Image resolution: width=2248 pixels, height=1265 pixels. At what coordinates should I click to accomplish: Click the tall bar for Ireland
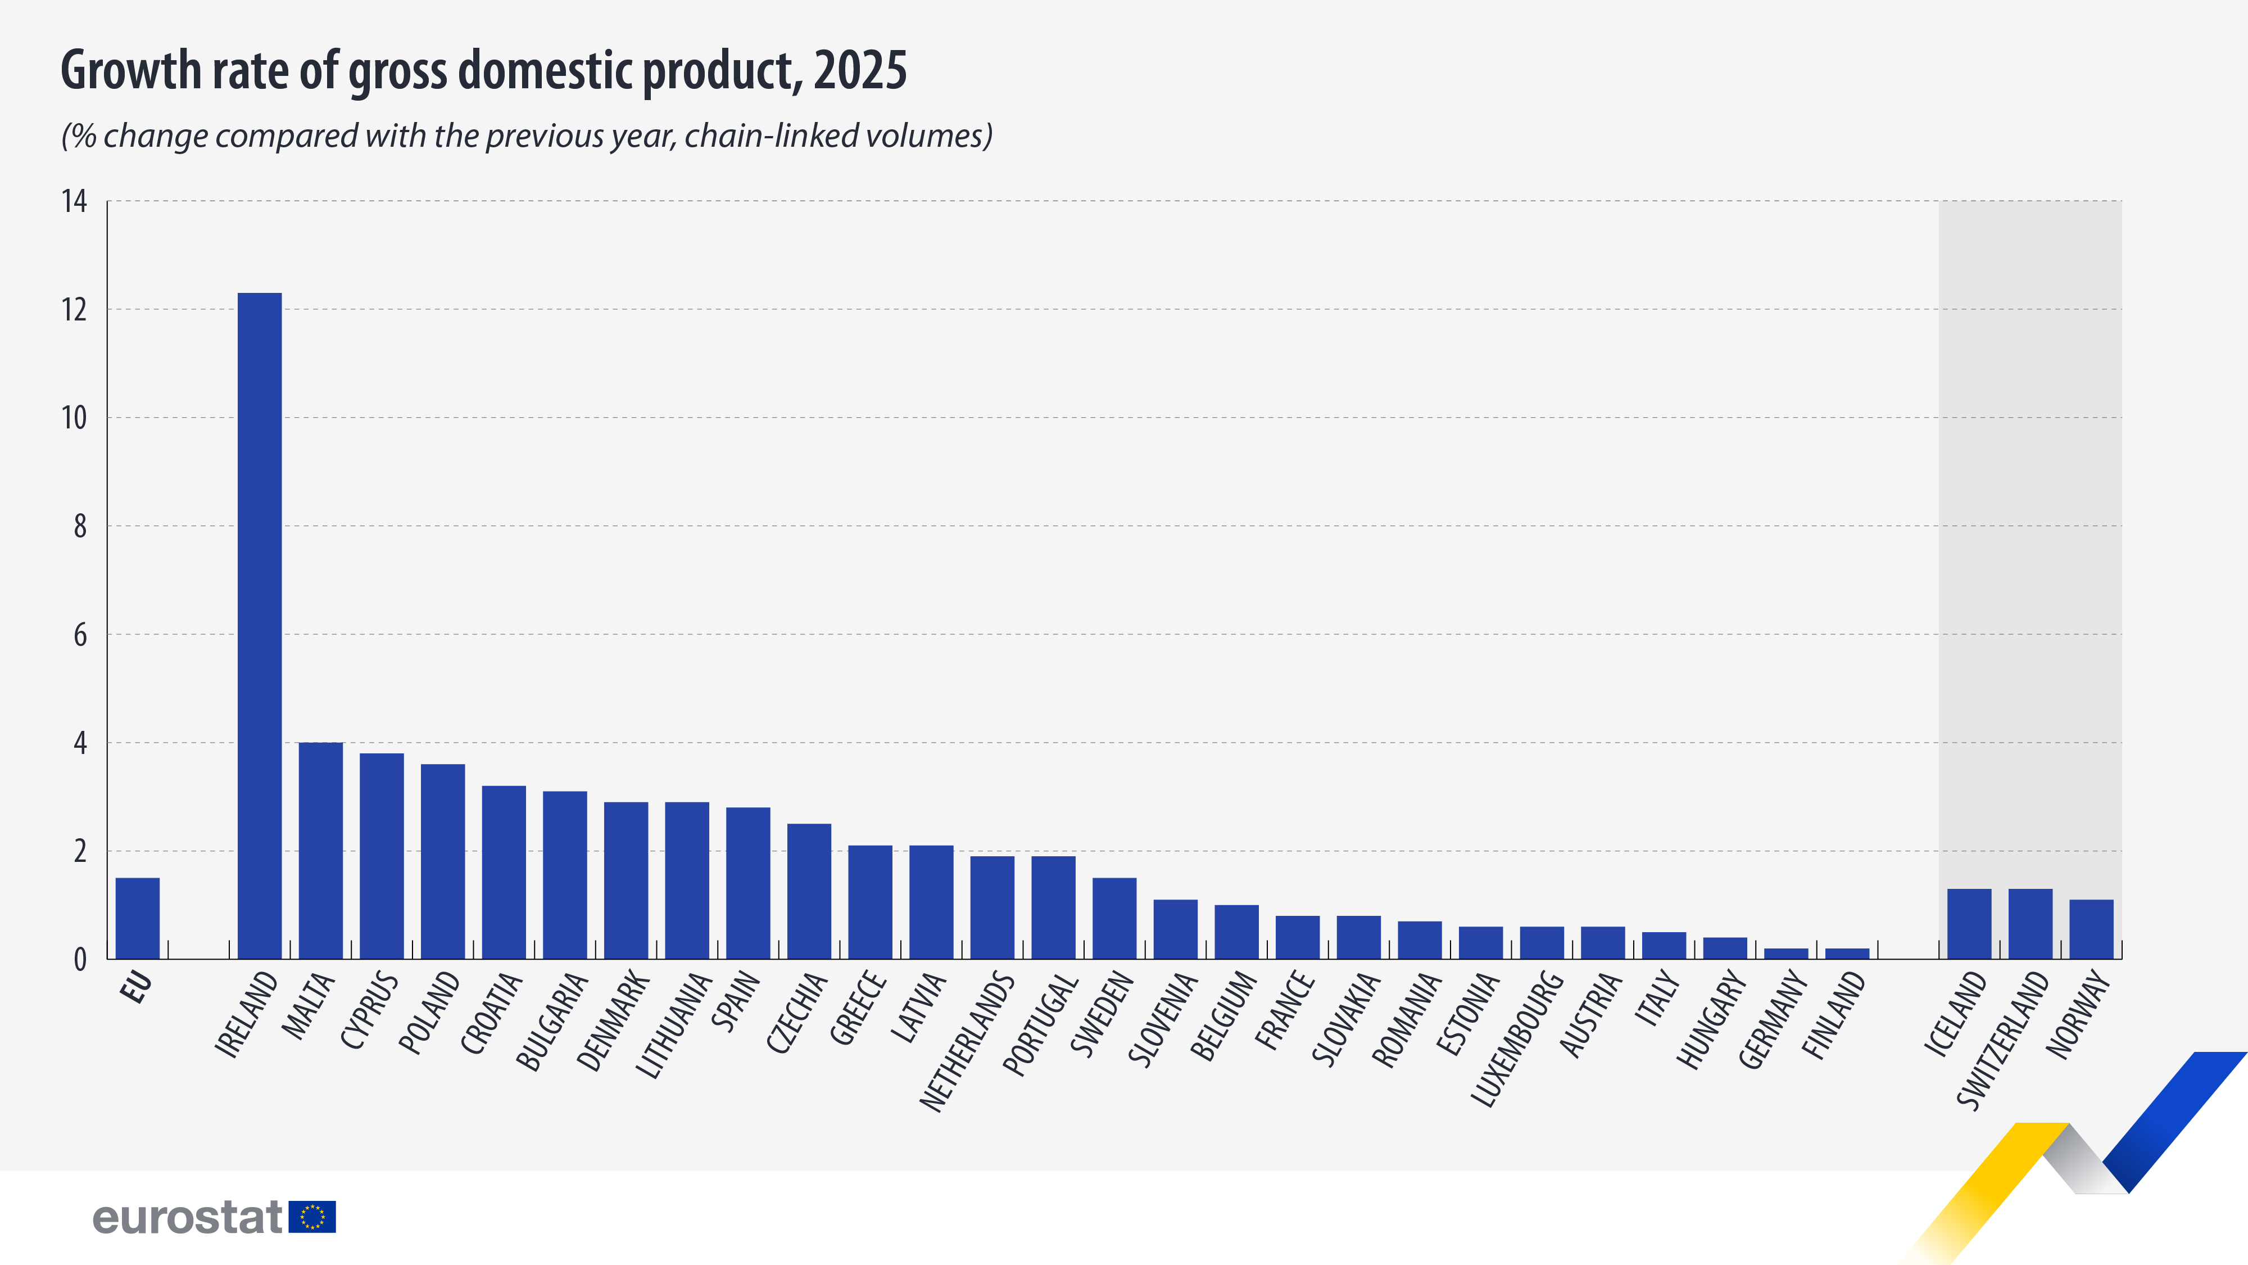(259, 625)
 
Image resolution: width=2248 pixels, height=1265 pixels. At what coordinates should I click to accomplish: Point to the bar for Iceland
(1969, 924)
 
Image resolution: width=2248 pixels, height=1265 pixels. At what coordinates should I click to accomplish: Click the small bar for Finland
(1847, 954)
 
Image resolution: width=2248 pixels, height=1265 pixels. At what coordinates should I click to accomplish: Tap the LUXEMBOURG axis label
(1517, 1038)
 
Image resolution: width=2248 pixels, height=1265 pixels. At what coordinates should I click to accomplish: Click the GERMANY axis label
(1773, 1020)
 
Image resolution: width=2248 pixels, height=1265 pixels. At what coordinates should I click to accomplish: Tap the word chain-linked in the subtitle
(768, 136)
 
